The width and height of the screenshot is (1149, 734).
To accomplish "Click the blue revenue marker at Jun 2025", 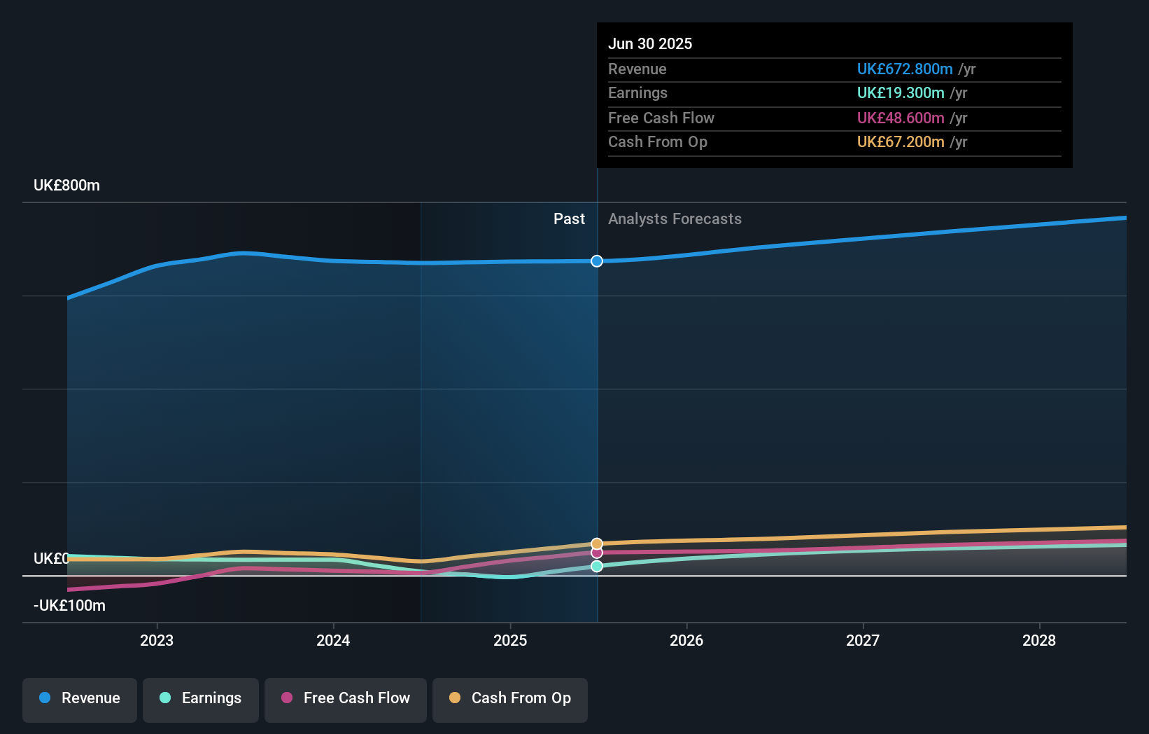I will click(x=596, y=261).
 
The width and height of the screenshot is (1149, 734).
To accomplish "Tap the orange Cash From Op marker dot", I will click(x=596, y=543).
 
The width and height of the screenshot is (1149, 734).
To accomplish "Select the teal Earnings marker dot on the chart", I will click(x=596, y=566).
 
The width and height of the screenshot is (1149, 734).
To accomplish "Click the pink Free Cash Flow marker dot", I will click(x=596, y=553).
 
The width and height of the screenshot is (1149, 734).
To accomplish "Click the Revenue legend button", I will click(x=80, y=698).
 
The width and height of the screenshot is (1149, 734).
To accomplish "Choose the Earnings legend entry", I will click(x=201, y=698).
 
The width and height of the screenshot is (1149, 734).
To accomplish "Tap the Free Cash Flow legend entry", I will click(x=346, y=698).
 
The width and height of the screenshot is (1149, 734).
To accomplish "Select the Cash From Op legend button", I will click(x=510, y=698).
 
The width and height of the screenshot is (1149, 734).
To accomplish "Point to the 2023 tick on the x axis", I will click(x=157, y=640).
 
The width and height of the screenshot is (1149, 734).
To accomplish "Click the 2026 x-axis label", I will click(x=686, y=640).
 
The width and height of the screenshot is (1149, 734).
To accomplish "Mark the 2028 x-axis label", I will click(x=1039, y=640).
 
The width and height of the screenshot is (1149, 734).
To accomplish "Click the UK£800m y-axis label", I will click(x=67, y=186).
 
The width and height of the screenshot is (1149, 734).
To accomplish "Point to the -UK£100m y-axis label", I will click(x=69, y=606).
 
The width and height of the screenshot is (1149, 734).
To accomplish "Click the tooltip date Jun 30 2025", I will click(x=650, y=43).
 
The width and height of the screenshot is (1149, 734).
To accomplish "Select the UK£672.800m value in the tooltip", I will click(x=905, y=69).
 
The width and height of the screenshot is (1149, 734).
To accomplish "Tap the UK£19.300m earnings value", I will click(x=901, y=92).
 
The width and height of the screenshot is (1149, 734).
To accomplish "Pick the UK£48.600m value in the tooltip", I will click(x=901, y=118).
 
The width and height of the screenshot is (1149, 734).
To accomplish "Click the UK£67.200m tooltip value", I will click(x=901, y=141).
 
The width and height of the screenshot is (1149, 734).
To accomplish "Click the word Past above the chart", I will click(x=569, y=219).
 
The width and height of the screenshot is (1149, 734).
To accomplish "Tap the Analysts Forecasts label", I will click(x=675, y=219).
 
